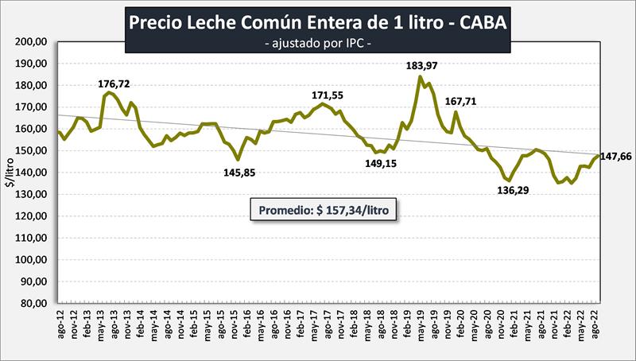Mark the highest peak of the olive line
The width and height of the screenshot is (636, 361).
420,76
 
